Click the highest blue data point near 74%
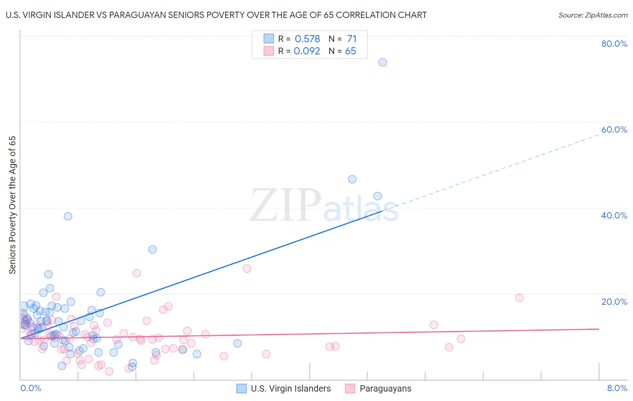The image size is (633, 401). click(383, 62)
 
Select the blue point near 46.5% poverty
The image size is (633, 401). click(352, 179)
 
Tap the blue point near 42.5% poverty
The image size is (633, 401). click(378, 196)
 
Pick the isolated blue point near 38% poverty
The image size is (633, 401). click(68, 216)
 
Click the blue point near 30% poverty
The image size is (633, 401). click(153, 250)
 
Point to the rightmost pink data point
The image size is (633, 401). click(519, 298)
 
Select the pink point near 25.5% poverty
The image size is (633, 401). click(247, 269)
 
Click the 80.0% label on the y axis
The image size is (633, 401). click(614, 44)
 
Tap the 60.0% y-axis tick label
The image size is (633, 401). click(614, 129)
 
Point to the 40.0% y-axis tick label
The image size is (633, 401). click(614, 215)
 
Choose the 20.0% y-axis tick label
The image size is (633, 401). click(614, 302)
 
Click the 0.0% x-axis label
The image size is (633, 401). click(31, 388)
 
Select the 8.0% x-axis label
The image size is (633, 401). click(617, 388)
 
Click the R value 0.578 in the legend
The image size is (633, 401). click(307, 39)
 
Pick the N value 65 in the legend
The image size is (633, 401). click(350, 51)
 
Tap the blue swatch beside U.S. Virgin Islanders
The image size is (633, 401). click(242, 388)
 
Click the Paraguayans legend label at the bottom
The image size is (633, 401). click(385, 388)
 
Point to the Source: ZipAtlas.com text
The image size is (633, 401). click(592, 15)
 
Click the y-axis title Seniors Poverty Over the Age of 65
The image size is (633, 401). click(13, 205)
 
